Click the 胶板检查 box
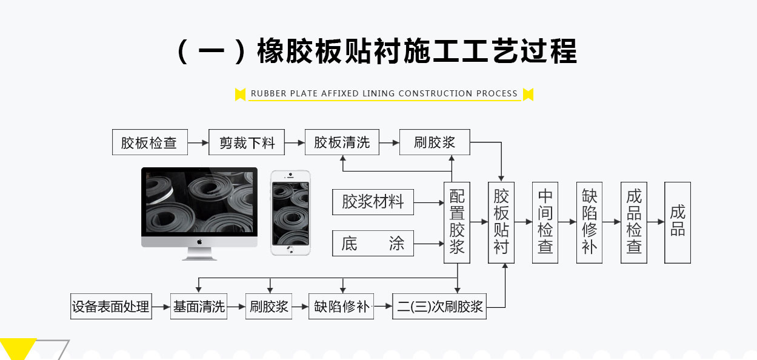[149, 142]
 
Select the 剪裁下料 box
[247, 142]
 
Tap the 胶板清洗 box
[341, 142]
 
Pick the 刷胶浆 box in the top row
[435, 142]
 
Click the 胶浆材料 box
[373, 202]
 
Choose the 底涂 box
[373, 244]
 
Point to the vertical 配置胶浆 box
[457, 222]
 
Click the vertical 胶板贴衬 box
[501, 222]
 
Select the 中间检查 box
[545, 222]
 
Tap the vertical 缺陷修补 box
[589, 222]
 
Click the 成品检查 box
[633, 222]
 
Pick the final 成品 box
[678, 222]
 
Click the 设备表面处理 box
[110, 307]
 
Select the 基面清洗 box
[199, 307]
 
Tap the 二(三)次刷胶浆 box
[439, 307]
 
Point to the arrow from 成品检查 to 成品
[656, 222]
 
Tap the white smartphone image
[290, 212]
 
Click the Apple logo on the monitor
[199, 241]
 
